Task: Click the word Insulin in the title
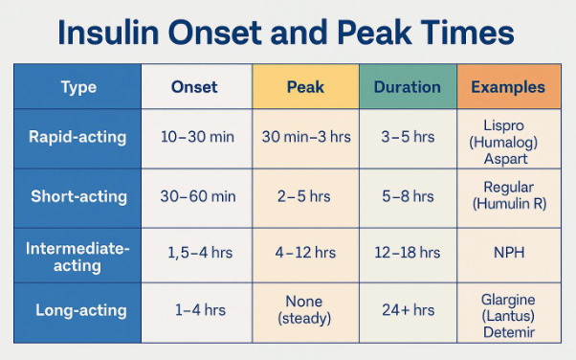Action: click(x=108, y=33)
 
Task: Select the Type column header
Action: click(x=78, y=87)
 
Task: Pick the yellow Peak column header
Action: click(x=305, y=87)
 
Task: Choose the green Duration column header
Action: click(x=408, y=87)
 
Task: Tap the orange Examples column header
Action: click(x=508, y=87)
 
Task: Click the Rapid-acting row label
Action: click(x=78, y=137)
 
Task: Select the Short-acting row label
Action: click(x=79, y=196)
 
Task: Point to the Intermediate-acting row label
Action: click(x=78, y=257)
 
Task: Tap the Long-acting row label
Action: click(x=81, y=310)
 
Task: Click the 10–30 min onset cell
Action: click(x=197, y=137)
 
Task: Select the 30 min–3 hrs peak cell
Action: click(x=306, y=137)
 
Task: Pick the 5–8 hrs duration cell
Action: click(x=408, y=196)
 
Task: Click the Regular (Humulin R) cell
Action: click(x=509, y=195)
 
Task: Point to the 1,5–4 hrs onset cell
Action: click(x=200, y=253)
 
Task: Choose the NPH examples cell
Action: click(x=509, y=253)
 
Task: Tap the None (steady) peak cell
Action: click(x=304, y=310)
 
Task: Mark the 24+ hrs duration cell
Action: click(x=409, y=310)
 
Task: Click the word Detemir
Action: click(x=509, y=332)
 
